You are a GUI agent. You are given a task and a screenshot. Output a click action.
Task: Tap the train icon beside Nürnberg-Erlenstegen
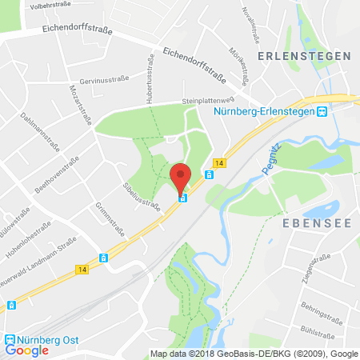[x=322, y=112]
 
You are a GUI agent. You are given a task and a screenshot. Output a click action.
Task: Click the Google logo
[x=27, y=350]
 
